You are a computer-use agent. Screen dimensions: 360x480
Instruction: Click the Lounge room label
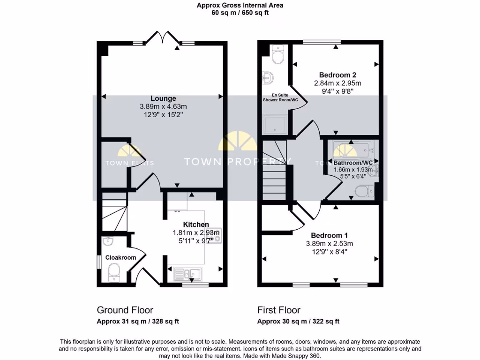tap(163, 98)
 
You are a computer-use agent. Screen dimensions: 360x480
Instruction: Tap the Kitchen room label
tap(196, 225)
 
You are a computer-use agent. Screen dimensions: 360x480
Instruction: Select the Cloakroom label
tap(120, 257)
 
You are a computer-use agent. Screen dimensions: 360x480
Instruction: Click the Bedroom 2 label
tap(337, 75)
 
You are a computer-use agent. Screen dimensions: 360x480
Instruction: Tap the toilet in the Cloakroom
tap(114, 271)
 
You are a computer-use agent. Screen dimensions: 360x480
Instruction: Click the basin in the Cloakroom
tap(108, 241)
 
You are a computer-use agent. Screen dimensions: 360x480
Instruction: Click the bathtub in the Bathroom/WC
tap(352, 150)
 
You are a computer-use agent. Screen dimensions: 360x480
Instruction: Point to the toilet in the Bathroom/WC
tap(364, 191)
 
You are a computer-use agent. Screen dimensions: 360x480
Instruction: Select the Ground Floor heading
tap(125, 310)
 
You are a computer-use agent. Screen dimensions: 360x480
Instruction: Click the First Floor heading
tap(278, 310)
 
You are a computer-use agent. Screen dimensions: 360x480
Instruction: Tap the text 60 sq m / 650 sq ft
tap(240, 13)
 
